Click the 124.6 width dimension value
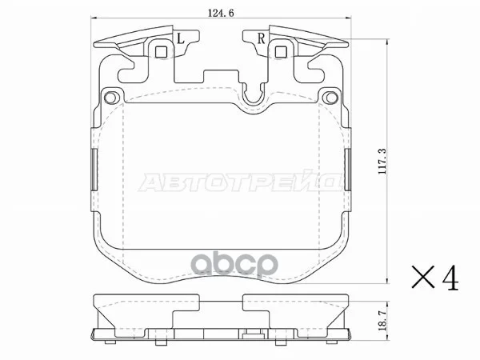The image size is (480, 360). click(x=221, y=13)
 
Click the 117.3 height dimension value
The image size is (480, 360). click(x=382, y=162)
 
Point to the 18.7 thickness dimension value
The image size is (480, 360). click(x=382, y=320)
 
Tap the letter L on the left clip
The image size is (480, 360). click(x=181, y=38)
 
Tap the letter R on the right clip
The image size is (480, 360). click(x=261, y=38)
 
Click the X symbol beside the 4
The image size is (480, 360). click(x=423, y=277)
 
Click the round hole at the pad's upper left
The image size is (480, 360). click(x=110, y=98)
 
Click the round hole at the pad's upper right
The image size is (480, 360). click(x=332, y=98)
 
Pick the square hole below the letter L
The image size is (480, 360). click(x=161, y=52)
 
